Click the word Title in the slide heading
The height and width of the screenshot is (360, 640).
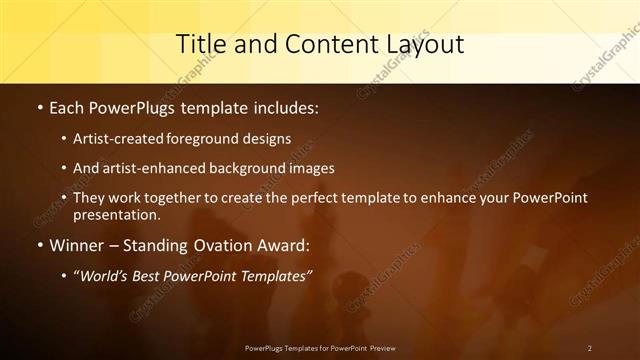coord(199,44)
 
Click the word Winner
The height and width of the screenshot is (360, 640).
coord(77,245)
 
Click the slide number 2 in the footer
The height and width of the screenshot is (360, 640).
coord(589,348)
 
